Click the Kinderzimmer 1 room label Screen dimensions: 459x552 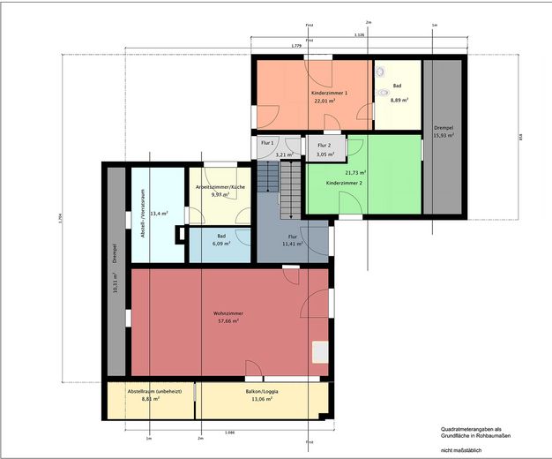(x=330, y=93)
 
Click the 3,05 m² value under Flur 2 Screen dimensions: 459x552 (x=324, y=154)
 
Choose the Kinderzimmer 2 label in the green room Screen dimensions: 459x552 (x=345, y=183)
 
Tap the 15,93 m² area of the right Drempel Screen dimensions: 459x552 (x=444, y=135)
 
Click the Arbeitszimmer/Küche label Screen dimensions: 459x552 (x=220, y=187)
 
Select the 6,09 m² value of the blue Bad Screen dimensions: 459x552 (x=220, y=244)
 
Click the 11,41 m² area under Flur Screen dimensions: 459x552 (x=293, y=244)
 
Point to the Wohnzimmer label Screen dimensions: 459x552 (x=228, y=313)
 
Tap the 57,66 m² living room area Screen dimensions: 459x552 (x=228, y=321)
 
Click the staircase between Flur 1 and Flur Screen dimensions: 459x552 (x=280, y=187)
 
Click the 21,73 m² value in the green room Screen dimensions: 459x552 (x=356, y=173)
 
